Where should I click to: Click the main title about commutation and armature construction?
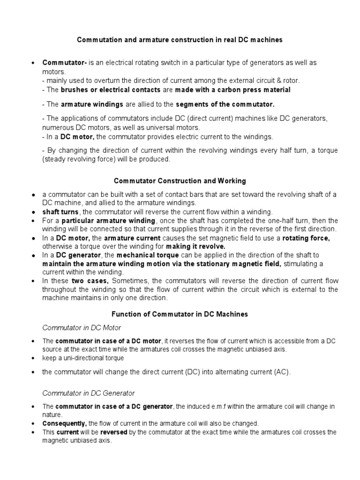(180, 40)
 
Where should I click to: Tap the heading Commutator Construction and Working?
(180, 180)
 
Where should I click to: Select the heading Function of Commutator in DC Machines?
(180, 314)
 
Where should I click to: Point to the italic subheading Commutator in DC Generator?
(89, 393)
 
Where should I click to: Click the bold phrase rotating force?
(309, 238)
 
